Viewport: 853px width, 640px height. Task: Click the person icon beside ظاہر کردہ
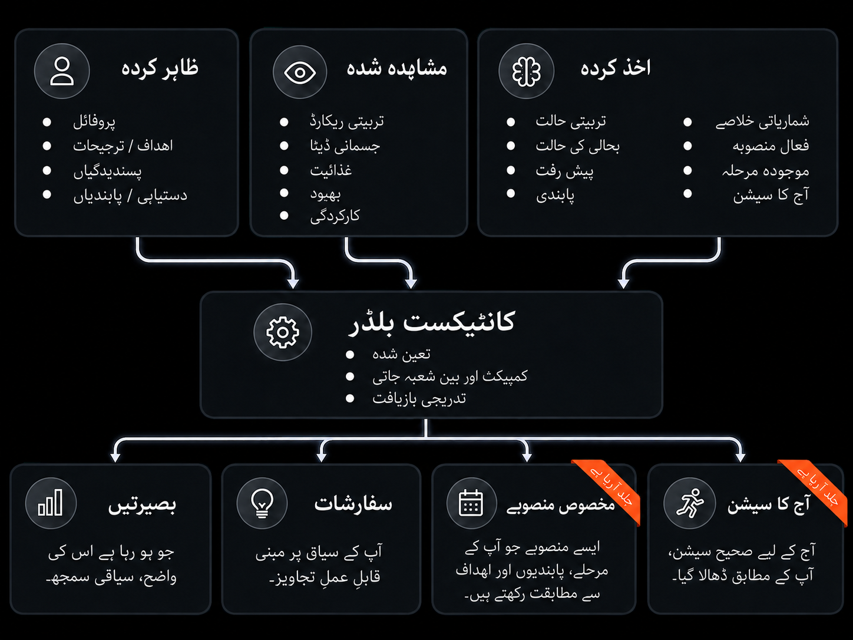[x=62, y=71]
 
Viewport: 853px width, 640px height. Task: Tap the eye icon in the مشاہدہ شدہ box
[x=300, y=72]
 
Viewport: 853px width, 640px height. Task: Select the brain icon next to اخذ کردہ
[x=526, y=71]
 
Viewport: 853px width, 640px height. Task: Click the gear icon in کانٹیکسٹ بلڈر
[x=283, y=332]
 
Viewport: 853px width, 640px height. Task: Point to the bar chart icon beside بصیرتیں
[x=51, y=503]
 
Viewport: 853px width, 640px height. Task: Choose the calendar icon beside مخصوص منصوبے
[x=471, y=503]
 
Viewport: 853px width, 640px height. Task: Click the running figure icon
[x=690, y=503]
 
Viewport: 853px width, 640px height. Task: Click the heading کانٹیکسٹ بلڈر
[x=432, y=322]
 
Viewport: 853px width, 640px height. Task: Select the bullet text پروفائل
[x=94, y=122]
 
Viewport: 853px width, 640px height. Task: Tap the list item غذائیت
[x=330, y=170]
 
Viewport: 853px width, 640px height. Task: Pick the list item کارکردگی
[x=335, y=216]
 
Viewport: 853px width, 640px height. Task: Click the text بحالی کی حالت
[x=577, y=146]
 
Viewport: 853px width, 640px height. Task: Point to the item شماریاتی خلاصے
[x=762, y=121]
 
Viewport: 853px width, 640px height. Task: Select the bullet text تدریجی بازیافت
[x=419, y=398]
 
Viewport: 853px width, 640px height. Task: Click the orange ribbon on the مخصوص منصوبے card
[x=610, y=488]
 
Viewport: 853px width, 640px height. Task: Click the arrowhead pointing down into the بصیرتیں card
[x=115, y=457]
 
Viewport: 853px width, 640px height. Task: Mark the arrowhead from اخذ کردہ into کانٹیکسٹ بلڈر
[x=623, y=283]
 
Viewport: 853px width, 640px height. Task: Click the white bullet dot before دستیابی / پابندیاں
[x=47, y=194]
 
